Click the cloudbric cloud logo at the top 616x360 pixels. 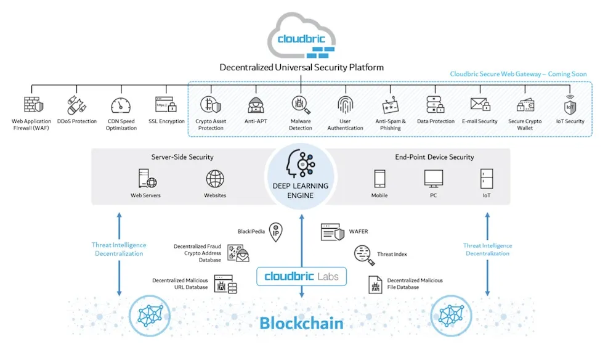pyautogui.click(x=301, y=36)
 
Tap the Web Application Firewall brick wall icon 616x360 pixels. pyautogui.click(x=33, y=105)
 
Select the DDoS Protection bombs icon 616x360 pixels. pyautogui.click(x=76, y=105)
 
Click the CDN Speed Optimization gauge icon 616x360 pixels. pyautogui.click(x=121, y=105)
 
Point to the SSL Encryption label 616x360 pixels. pyautogui.click(x=166, y=121)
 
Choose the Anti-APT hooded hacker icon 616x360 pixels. pyautogui.click(x=256, y=105)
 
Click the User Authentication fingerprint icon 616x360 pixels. pyautogui.click(x=346, y=105)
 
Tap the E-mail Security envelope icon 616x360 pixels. pyautogui.click(x=480, y=105)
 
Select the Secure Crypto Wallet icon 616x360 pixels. pyautogui.click(x=525, y=105)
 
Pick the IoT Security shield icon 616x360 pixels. pyautogui.click(x=570, y=105)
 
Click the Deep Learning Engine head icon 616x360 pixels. pyautogui.click(x=301, y=164)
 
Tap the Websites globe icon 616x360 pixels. pyautogui.click(x=215, y=179)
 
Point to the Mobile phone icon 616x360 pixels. pyautogui.click(x=379, y=179)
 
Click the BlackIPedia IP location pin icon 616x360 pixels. pyautogui.click(x=276, y=232)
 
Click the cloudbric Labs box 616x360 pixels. pyautogui.click(x=301, y=276)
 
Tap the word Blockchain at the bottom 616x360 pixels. pyautogui.click(x=301, y=324)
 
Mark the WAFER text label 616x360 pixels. pyautogui.click(x=359, y=232)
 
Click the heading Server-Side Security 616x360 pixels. pyautogui.click(x=182, y=157)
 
